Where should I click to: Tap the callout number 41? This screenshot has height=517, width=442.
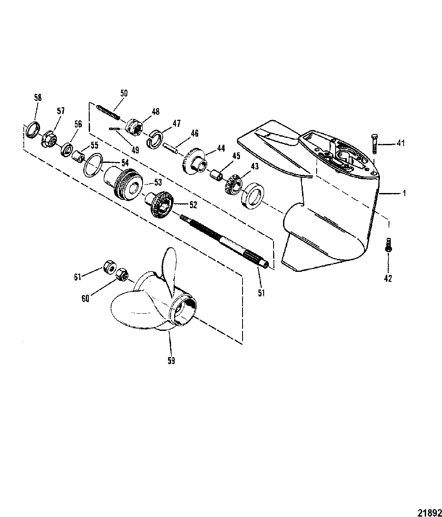[x=401, y=143]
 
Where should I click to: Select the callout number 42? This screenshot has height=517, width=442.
[x=388, y=279]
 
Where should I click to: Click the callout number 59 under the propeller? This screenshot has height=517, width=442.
[x=171, y=361]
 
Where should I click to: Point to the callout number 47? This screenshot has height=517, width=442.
[x=177, y=123]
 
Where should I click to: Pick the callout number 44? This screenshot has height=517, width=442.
[x=221, y=147]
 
